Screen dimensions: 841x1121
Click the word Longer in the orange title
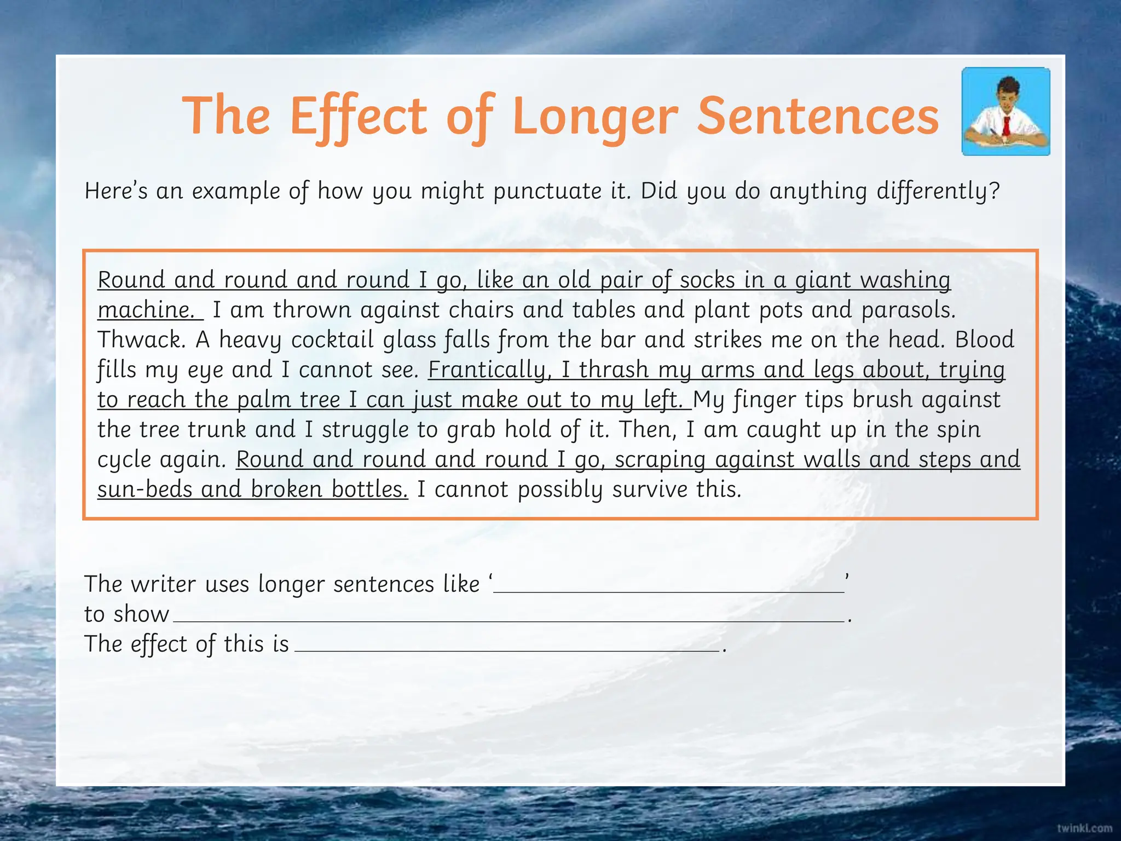pyautogui.click(x=596, y=117)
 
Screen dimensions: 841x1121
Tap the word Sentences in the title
pyautogui.click(x=818, y=117)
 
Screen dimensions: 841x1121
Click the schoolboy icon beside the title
pyautogui.click(x=1006, y=111)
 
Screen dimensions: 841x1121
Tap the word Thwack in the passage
pyautogui.click(x=141, y=340)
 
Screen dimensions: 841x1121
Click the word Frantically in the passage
pyautogui.click(x=487, y=370)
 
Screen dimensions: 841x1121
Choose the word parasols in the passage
pyautogui.click(x=908, y=310)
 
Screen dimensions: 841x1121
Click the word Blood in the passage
pyautogui.click(x=984, y=340)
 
